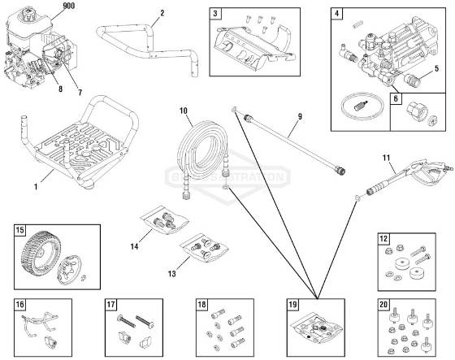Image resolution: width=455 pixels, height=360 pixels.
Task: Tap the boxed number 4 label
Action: (x=337, y=15)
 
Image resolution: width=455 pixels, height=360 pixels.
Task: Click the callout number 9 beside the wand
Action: (x=300, y=116)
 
